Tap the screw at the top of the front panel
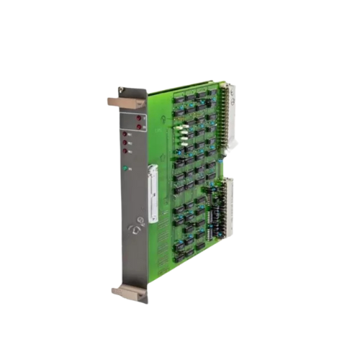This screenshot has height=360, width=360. (x=121, y=91)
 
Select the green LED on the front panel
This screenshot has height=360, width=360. (x=124, y=169)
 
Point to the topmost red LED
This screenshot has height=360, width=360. (x=139, y=117)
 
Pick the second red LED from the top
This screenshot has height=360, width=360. (x=139, y=127)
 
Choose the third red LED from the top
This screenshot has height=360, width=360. (x=124, y=133)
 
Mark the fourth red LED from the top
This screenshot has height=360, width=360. (x=124, y=142)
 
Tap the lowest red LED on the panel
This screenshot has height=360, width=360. (x=124, y=150)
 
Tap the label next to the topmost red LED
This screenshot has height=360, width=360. (x=145, y=117)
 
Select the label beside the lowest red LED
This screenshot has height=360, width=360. (x=130, y=151)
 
